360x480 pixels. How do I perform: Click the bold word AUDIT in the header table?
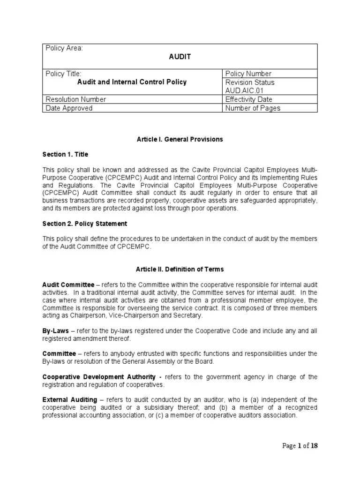tap(180, 57)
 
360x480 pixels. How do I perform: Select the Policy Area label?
tap(63, 48)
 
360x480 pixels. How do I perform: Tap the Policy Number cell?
tap(248, 74)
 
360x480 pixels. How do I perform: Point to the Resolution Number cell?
tap(75, 99)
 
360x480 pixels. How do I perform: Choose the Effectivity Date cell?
tap(248, 99)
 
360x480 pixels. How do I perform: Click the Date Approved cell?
tap(69, 108)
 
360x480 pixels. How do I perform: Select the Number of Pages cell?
tap(253, 108)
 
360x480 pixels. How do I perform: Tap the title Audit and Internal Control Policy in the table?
tap(132, 82)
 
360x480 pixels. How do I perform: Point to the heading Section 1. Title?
tap(65, 154)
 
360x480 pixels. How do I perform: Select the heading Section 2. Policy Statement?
tap(85, 224)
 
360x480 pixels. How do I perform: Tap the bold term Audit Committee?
tap(68, 285)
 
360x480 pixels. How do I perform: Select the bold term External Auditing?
tap(69, 399)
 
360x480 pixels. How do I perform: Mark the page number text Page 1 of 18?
tap(300, 446)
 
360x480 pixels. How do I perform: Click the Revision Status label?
tap(250, 82)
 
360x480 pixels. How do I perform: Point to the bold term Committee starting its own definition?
tap(60, 353)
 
